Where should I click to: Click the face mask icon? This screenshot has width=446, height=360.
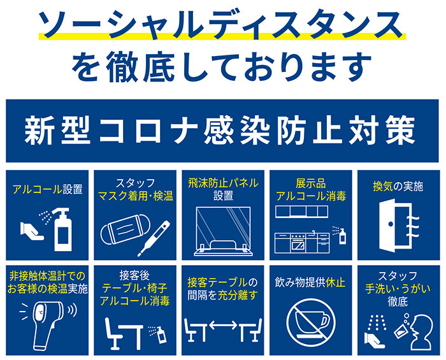pyautogui.click(x=126, y=229)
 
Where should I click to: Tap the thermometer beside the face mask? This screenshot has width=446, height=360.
pyautogui.click(x=154, y=238)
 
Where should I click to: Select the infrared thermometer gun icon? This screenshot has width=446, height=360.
pyautogui.click(x=48, y=324)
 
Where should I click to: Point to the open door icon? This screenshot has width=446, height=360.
pyautogui.click(x=396, y=225)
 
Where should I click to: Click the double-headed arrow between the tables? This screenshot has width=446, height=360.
pyautogui.click(x=223, y=325)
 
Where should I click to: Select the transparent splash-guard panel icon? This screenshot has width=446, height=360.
pyautogui.click(x=223, y=231)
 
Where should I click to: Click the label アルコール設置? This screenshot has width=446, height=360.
pyautogui.click(x=48, y=189)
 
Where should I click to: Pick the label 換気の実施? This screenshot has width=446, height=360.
pyautogui.click(x=398, y=187)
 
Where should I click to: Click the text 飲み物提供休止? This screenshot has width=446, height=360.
pyautogui.click(x=310, y=283)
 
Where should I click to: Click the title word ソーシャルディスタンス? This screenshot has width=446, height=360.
pyautogui.click(x=221, y=24)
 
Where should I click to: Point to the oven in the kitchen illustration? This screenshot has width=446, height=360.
pyautogui.click(x=298, y=243)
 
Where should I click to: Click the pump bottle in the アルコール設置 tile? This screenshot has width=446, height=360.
pyautogui.click(x=63, y=230)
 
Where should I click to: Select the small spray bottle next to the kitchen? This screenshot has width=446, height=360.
pyautogui.click(x=343, y=236)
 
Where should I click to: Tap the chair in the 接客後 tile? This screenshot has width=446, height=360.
pyautogui.click(x=112, y=333)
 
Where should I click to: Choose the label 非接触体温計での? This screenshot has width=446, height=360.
pyautogui.click(x=47, y=276)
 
